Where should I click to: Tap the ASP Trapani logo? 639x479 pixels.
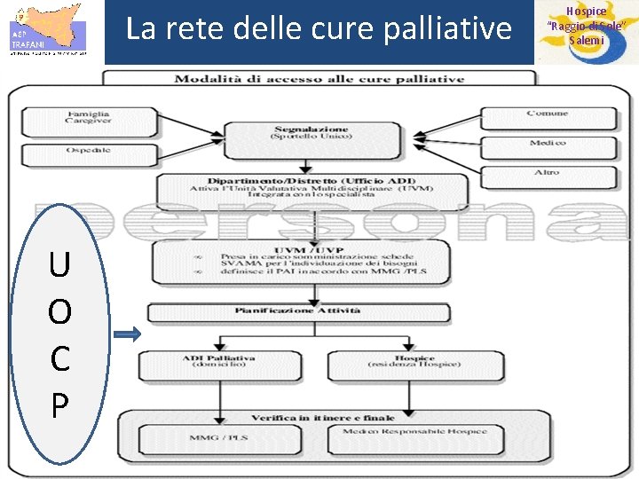48,31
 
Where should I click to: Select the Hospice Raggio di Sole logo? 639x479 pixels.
587,32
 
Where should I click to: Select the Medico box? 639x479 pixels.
547,145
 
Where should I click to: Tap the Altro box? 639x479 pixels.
547,173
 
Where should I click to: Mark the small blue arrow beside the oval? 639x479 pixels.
128,334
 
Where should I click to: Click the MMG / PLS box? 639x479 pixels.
225,436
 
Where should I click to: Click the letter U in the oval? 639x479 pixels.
59,264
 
